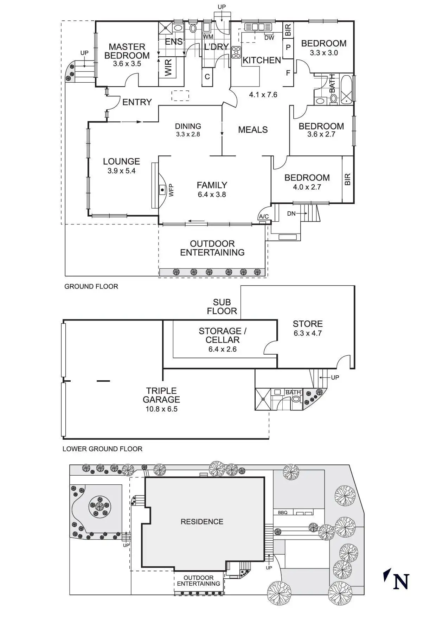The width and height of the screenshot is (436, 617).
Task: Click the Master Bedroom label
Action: pos(127,51)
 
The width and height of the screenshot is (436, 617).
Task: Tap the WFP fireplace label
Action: pos(171,190)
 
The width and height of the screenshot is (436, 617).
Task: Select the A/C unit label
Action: pos(264,217)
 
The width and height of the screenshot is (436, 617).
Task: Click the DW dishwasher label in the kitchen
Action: pos(269,38)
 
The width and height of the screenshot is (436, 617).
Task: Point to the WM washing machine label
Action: pos(208,37)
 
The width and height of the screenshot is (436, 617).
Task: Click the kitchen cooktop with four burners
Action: pos(236,52)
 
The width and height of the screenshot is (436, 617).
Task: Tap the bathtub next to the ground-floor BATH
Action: pos(347,89)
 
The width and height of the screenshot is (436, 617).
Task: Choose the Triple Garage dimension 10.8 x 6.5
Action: pos(161,409)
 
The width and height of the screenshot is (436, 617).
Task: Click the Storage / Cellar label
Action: pos(223,335)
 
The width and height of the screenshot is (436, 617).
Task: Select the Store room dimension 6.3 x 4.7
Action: pos(308,333)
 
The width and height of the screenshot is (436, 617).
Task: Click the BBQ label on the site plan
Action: pos(283,513)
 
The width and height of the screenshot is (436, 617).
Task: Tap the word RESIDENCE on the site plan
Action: pos(202,522)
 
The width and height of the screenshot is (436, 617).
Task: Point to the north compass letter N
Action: pos(401,582)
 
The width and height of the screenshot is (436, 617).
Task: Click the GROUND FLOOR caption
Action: pos(91,286)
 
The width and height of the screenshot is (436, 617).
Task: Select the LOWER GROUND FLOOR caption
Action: pos(102,449)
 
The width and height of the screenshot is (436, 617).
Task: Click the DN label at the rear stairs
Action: pos(291,214)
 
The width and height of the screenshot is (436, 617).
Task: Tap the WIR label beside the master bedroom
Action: pos(168,67)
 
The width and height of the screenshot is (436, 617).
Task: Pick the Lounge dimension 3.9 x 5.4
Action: pos(122,171)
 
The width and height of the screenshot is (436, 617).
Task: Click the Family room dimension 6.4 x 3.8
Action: pos(212,195)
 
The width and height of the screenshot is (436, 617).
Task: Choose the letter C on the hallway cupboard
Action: pos(207,77)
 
